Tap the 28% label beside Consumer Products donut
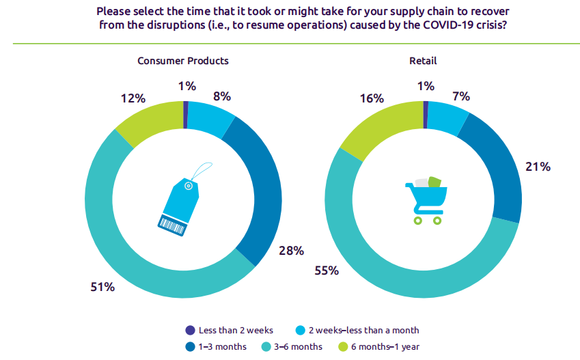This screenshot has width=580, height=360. click(291, 251)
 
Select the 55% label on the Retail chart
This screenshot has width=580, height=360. click(327, 271)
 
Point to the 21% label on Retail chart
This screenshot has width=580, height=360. click(538, 167)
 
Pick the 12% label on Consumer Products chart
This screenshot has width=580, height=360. click(134, 98)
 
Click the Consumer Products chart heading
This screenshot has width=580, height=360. click(183, 61)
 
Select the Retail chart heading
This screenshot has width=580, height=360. click(423, 61)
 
